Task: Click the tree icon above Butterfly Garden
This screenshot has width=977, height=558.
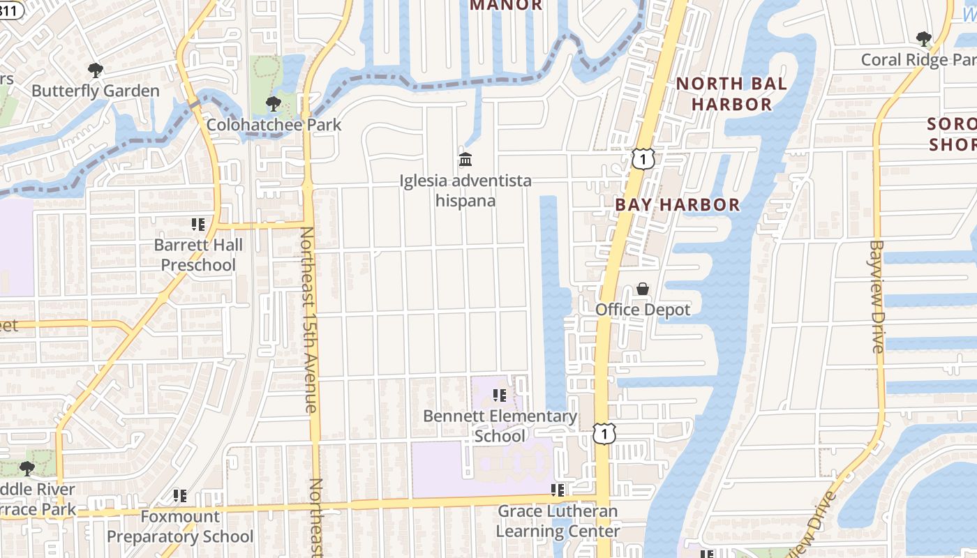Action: click(96, 70)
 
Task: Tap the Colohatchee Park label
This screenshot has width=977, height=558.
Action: click(274, 125)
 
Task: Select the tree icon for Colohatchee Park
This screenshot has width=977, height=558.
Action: click(273, 104)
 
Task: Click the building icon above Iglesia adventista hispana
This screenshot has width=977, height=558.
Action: click(465, 160)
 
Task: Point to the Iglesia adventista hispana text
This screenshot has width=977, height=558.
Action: click(465, 190)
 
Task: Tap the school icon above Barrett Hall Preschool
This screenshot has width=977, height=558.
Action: click(198, 225)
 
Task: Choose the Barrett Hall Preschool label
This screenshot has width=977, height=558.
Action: click(198, 255)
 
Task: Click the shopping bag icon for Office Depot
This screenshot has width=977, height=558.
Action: click(643, 289)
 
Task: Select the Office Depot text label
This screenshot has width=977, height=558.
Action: click(643, 310)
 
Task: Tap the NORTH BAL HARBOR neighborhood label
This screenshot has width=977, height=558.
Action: click(731, 94)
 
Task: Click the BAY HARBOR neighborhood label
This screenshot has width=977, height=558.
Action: click(677, 204)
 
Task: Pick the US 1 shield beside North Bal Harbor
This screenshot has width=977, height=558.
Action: click(643, 159)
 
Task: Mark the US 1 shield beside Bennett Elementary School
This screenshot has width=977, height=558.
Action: click(604, 434)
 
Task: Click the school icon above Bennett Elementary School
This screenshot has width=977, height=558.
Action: click(500, 395)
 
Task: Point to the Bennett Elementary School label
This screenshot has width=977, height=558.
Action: click(500, 426)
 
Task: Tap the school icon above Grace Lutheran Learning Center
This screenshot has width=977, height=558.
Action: click(558, 490)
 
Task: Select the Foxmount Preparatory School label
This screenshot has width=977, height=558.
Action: click(180, 527)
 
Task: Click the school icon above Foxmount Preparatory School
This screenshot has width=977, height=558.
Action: click(180, 496)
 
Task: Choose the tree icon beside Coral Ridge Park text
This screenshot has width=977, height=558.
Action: click(924, 39)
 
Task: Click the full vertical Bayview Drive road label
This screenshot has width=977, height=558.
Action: click(877, 296)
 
